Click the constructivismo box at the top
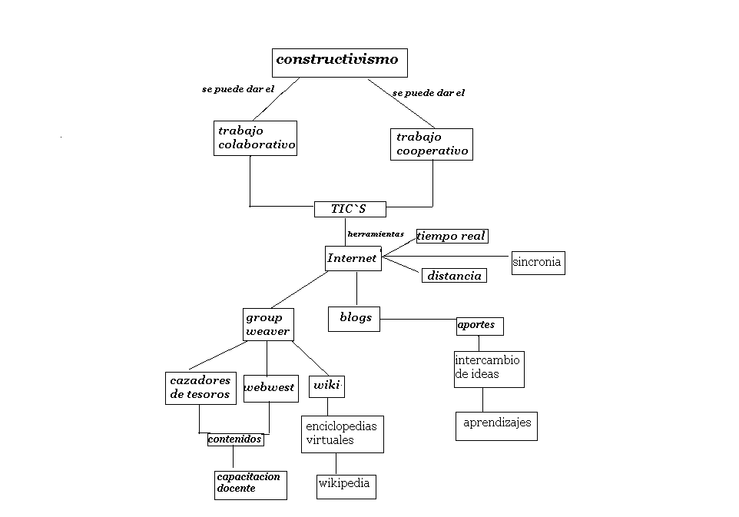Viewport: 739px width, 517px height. [x=340, y=62]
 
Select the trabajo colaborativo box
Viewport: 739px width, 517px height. [x=255, y=138]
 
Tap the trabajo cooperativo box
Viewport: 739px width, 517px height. [x=431, y=144]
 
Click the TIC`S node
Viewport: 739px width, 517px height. [x=350, y=209]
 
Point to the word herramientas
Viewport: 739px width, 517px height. [x=376, y=234]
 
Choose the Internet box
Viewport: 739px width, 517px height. [x=353, y=258]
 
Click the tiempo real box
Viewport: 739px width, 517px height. [x=452, y=236]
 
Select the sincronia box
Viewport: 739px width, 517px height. [x=537, y=263]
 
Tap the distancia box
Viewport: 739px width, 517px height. [x=454, y=276]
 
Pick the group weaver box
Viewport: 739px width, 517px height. [x=267, y=324]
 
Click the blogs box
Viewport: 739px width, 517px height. [x=354, y=319]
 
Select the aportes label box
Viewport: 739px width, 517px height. [x=479, y=326]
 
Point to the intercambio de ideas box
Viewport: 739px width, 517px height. [x=489, y=369]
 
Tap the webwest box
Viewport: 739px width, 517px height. [x=270, y=388]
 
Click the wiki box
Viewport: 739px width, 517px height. [x=326, y=386]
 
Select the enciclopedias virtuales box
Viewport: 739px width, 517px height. [x=342, y=434]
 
